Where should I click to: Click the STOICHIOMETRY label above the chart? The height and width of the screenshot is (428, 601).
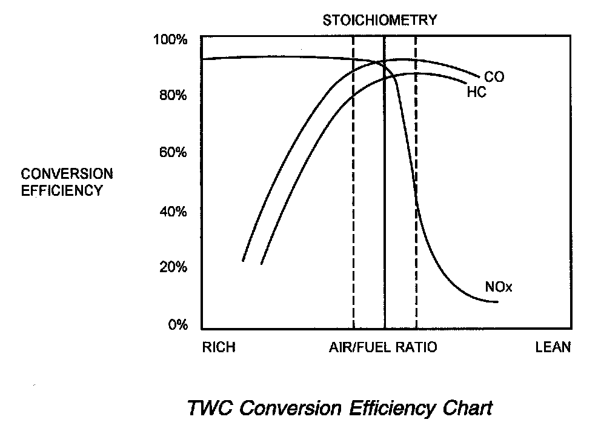(x=379, y=20)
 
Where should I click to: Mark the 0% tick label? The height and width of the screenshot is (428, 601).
(x=178, y=325)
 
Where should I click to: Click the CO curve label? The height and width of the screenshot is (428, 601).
(x=494, y=77)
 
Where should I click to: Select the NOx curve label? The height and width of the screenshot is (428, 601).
(x=499, y=287)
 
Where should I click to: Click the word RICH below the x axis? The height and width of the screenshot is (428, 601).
(x=218, y=347)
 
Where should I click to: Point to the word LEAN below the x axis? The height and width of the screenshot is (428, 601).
(x=553, y=347)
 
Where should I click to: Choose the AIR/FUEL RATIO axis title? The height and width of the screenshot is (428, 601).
(x=383, y=347)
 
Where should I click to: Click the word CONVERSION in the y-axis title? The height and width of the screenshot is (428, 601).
(x=67, y=174)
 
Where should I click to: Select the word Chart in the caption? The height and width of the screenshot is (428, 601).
(x=466, y=408)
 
